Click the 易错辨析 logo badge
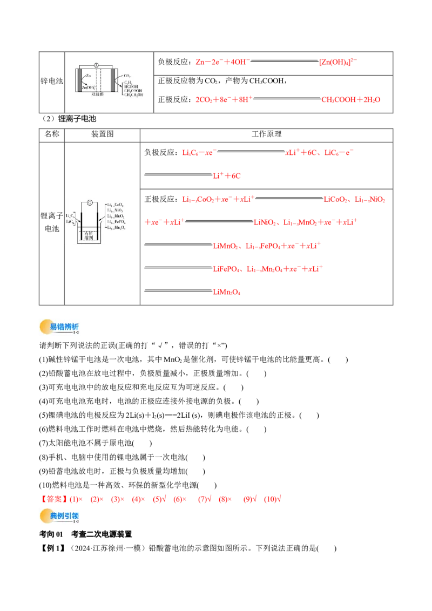(58, 326)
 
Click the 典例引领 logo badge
(58, 516)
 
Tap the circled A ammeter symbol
(96, 65)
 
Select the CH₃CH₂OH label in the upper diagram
(134, 94)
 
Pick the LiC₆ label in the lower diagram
(70, 222)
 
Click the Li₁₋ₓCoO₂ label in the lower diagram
(116, 205)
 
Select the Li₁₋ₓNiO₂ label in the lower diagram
(116, 211)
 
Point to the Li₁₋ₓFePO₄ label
(117, 222)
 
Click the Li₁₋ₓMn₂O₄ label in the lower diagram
(117, 228)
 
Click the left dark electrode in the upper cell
(80, 81)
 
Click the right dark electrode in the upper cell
(112, 81)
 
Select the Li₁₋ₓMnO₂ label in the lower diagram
(117, 217)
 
